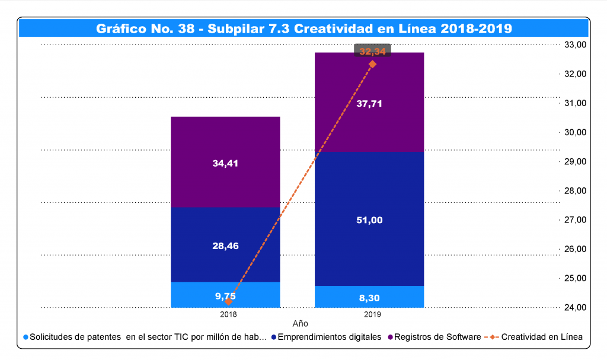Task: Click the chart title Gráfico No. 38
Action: pyautogui.click(x=303, y=28)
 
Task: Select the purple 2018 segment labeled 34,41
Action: pyautogui.click(x=225, y=163)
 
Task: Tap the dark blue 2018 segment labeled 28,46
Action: pyautogui.click(x=225, y=245)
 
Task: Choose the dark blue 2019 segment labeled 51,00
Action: pyautogui.click(x=369, y=220)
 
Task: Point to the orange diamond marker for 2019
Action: pyautogui.click(x=372, y=64)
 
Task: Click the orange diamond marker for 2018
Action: pyautogui.click(x=228, y=301)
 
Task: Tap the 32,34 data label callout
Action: pyautogui.click(x=372, y=52)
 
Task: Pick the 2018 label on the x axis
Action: pyautogui.click(x=228, y=314)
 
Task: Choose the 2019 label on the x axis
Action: pyautogui.click(x=372, y=314)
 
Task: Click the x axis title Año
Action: pyautogui.click(x=301, y=324)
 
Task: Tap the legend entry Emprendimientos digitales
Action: pyautogui.click(x=330, y=337)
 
